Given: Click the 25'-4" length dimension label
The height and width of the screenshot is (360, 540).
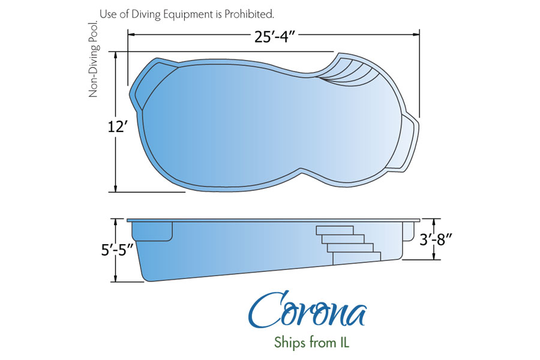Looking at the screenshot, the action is tap(275, 37).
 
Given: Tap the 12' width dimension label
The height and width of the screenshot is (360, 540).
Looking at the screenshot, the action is tap(118, 127).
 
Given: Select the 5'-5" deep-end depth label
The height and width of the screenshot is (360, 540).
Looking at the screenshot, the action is tap(117, 250).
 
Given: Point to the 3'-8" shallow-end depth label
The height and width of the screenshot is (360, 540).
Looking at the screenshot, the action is tap(436, 239).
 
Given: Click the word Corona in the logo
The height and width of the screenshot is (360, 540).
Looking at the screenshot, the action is tap(307, 311).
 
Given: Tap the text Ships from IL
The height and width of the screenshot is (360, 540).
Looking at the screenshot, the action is tap(311, 342).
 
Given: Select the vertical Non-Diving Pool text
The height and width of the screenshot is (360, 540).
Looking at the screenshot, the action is tap(93, 59).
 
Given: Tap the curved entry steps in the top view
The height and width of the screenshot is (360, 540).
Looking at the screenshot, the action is tap(351, 71).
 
